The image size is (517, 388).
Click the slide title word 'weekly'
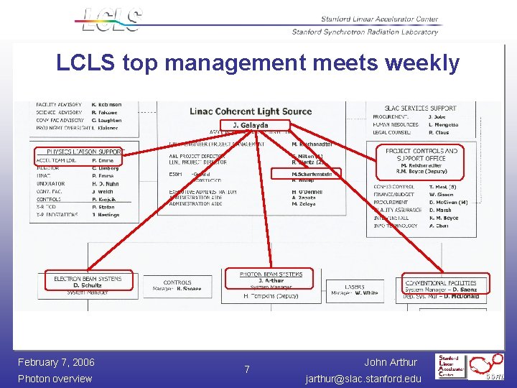click(x=422, y=63)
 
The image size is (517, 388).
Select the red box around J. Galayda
click(x=251, y=126)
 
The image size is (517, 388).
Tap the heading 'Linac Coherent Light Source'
click(x=251, y=111)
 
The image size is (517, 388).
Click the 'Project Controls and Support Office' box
click(x=421, y=162)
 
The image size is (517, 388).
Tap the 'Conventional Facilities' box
click(x=445, y=285)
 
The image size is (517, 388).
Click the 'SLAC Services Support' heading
click(x=420, y=108)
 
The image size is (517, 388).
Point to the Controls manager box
click(x=177, y=286)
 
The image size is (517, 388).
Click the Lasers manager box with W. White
click(x=355, y=290)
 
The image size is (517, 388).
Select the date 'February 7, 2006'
click(x=56, y=362)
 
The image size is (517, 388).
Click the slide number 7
click(x=247, y=369)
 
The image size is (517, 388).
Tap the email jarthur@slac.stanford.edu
click(x=363, y=378)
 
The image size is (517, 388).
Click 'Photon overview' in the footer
click(x=55, y=379)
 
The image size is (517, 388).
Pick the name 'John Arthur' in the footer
click(x=391, y=362)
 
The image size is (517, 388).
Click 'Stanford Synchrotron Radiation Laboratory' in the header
click(x=365, y=32)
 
